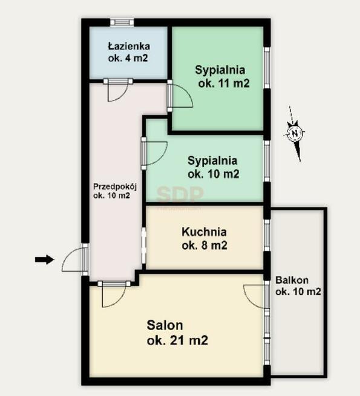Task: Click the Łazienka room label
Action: point(129,46)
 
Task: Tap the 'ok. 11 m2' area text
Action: point(224,83)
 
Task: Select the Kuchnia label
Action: point(204,232)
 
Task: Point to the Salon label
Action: point(165,325)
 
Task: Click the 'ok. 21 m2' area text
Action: point(177,340)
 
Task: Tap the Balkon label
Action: point(292,280)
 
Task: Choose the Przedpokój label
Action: point(115,186)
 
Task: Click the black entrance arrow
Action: point(44,259)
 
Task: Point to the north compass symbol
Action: point(295,133)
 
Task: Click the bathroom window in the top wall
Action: point(122,22)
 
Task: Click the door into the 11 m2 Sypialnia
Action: point(180,96)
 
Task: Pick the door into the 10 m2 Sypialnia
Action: point(154,153)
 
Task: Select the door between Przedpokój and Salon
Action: point(114,294)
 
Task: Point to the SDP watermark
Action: point(180,194)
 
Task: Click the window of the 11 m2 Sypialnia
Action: point(267,67)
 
